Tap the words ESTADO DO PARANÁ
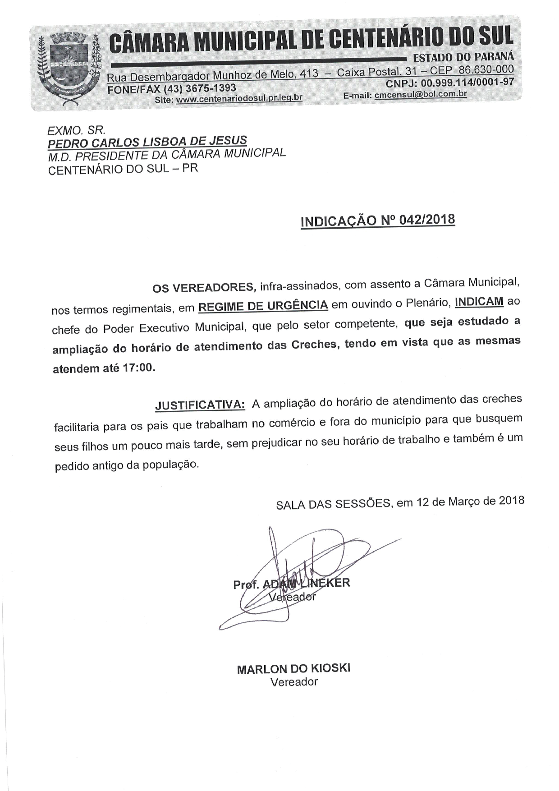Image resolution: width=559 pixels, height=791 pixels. pos(463,57)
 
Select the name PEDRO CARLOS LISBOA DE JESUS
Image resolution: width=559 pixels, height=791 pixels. pos(147,142)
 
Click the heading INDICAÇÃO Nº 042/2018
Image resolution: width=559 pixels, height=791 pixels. pos(378,221)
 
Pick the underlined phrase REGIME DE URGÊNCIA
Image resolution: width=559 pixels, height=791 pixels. pos(263,306)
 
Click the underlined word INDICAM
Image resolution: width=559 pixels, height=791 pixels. pos(479,301)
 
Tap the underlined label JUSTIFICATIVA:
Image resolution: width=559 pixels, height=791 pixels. pos(200,405)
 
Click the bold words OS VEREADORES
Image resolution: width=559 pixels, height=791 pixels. pos(204,287)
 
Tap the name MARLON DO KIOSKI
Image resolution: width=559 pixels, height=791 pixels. pos(293,669)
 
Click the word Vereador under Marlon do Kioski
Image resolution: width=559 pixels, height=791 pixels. pos(294,682)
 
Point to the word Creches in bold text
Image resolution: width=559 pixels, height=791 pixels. pos(315,345)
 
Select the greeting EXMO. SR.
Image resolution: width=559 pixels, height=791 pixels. pos(76,130)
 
